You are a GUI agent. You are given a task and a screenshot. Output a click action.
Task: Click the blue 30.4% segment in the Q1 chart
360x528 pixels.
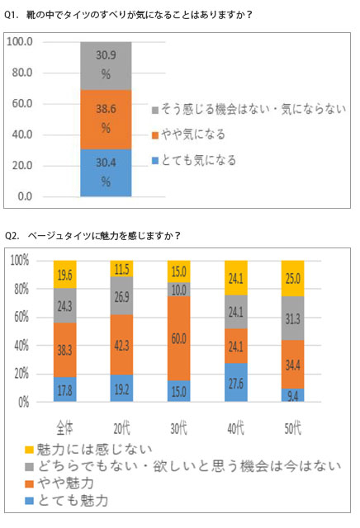pyautogui.click(x=106, y=173)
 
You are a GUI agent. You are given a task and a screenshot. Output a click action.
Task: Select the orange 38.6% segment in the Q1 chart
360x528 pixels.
pyautogui.click(x=106, y=120)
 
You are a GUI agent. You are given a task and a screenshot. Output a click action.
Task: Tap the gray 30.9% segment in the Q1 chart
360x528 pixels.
pyautogui.click(x=106, y=65)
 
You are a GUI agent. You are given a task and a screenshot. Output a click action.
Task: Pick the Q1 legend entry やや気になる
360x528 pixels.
pyautogui.click(x=191, y=134)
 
